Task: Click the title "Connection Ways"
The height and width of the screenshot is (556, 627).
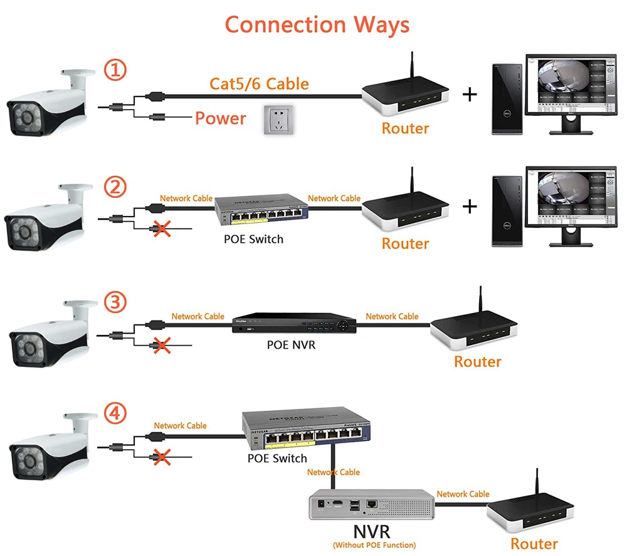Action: pos(317,24)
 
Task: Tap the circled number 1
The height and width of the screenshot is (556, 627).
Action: pos(115,71)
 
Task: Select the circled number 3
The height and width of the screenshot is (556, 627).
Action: pos(115,302)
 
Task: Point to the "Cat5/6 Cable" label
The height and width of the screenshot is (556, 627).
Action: pos(258,83)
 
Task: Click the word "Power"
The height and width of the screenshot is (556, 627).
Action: pos(220,118)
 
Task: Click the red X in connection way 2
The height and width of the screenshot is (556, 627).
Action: pos(162,229)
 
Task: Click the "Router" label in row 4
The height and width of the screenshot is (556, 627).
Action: pos(534,543)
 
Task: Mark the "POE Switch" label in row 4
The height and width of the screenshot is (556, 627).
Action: pos(277,458)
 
